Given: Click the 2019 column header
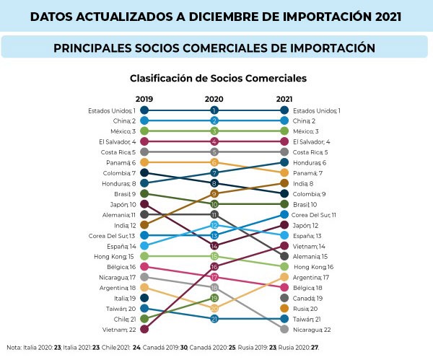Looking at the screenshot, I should tap(144, 99).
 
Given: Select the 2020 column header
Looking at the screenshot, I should tap(214, 99).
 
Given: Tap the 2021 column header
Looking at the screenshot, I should tap(284, 99).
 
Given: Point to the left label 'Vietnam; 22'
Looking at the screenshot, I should tap(119, 329).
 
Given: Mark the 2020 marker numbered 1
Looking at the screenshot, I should tap(214, 110).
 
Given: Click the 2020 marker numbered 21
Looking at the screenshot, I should tap(214, 318).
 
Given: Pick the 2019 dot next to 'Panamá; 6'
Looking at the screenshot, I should tap(144, 162).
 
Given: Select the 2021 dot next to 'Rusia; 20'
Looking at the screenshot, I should tap(284, 308).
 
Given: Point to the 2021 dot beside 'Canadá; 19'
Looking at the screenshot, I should tap(284, 298).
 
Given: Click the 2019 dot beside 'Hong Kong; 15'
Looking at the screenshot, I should tap(144, 256).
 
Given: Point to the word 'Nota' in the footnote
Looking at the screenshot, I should tap(13, 347).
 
